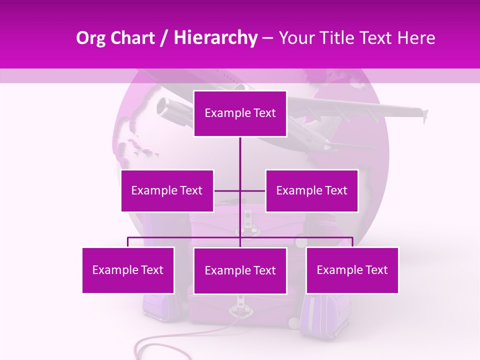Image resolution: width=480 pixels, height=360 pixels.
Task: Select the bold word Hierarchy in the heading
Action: coord(215,38)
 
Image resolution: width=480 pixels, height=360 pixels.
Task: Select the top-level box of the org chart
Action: coord(240,113)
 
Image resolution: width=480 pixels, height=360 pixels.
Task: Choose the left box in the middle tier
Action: coord(167,190)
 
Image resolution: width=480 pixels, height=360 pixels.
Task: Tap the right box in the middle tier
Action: coord(311,190)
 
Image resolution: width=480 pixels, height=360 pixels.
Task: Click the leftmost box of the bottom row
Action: coord(128,270)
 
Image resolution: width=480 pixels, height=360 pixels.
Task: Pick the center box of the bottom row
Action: coord(240,270)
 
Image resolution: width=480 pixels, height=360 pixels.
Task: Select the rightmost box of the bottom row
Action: coord(352,270)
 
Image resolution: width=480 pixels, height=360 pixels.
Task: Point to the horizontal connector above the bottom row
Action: coord(185,237)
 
